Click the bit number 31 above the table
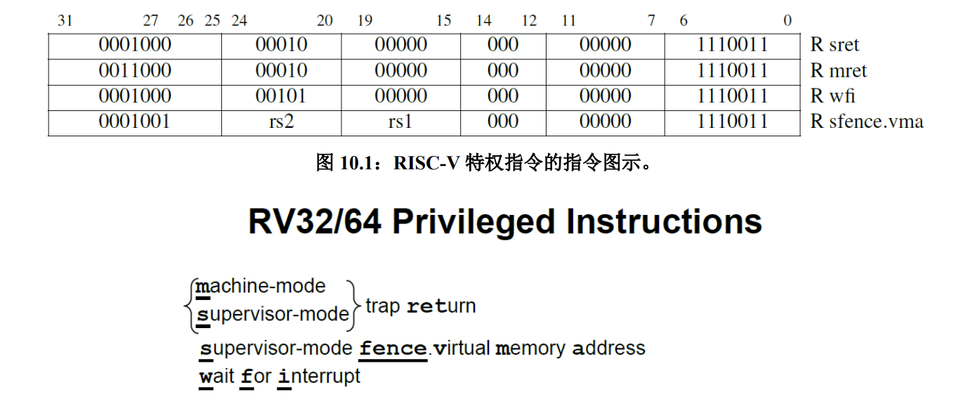click(65, 20)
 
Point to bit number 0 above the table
click(787, 20)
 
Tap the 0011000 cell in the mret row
click(135, 71)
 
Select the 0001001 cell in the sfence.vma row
click(135, 122)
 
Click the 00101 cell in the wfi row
click(281, 96)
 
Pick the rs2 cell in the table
click(281, 122)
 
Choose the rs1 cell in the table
click(400, 122)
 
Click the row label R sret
click(835, 46)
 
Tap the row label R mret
click(838, 71)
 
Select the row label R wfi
click(832, 96)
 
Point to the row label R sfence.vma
click(866, 122)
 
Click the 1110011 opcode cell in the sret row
click(733, 46)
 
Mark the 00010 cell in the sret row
click(281, 46)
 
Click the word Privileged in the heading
click(474, 222)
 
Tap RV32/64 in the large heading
click(315, 222)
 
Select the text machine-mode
click(261, 287)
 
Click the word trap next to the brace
click(383, 306)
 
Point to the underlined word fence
click(393, 348)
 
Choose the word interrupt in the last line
click(319, 376)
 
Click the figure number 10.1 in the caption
click(359, 164)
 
